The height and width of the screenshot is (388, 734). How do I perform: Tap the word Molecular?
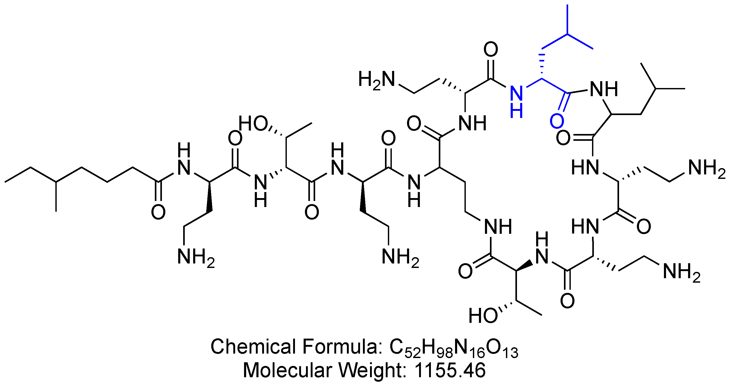[288, 370]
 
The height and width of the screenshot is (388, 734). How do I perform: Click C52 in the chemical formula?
[405, 348]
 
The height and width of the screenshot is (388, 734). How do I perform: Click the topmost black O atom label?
[491, 49]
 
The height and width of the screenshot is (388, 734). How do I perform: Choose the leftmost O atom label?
[158, 212]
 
